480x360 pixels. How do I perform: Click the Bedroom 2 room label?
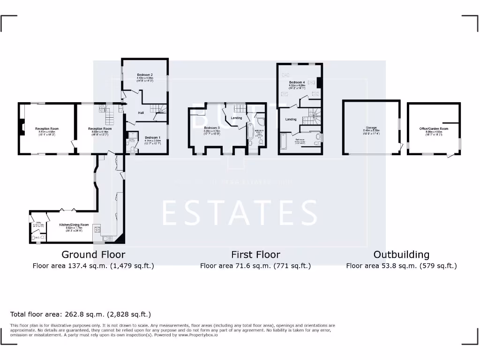pos(145,75)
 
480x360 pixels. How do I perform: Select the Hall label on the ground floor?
pos(141,113)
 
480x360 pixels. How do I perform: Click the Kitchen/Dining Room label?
pos(74,225)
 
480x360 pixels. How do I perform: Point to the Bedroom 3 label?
pos(212,128)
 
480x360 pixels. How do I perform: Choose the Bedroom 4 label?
pos(297,82)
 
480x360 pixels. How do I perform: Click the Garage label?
pos(371,127)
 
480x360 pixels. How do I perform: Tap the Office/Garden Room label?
pos(434,128)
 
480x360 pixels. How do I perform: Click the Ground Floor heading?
pos(93,255)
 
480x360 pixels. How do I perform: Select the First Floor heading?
pos(255,255)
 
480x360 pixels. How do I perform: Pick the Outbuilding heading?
pos(401,255)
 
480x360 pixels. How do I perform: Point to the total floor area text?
pos(81,314)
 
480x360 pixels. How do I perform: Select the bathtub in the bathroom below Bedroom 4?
pos(283,141)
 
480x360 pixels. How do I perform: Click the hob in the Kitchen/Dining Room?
pos(97,230)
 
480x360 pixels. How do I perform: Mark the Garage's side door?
pos(401,148)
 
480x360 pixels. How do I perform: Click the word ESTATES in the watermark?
pos(240,213)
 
